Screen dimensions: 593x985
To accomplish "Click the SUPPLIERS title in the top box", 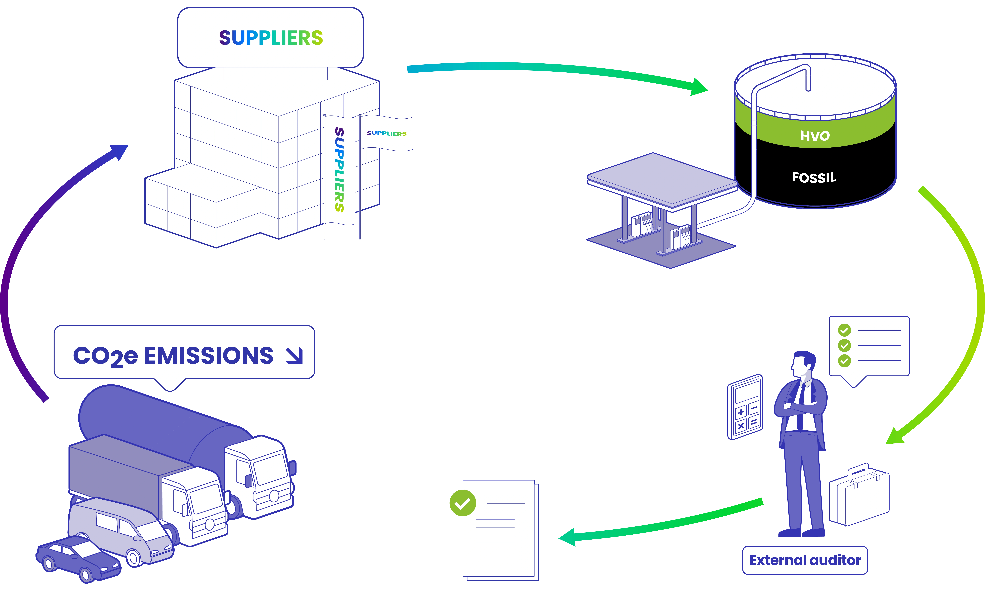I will [271, 38].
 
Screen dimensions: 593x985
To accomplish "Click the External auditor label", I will [805, 560].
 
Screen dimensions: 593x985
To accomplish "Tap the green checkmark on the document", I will [462, 503].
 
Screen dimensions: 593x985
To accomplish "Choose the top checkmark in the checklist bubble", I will [844, 330].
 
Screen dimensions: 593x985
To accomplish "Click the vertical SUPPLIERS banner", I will [339, 170].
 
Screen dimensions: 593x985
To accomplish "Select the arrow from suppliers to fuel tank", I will [555, 72].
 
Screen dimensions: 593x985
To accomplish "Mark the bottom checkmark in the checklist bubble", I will [844, 361].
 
